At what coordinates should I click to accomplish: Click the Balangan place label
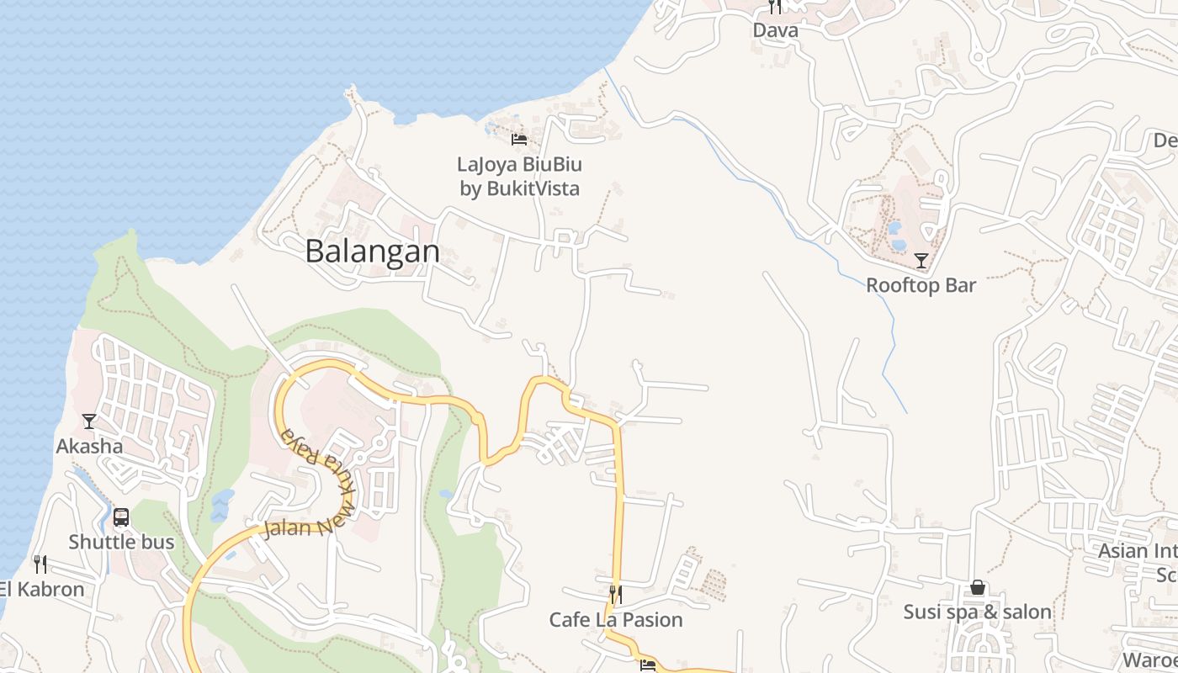click(x=372, y=252)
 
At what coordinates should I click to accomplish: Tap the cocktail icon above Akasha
click(x=89, y=421)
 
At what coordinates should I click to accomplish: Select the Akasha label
click(x=89, y=446)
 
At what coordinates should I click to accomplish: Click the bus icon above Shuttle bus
click(x=121, y=517)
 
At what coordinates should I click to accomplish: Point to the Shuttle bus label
click(x=121, y=542)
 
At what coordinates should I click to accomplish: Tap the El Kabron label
click(x=42, y=589)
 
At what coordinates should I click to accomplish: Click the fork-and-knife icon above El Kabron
click(x=40, y=564)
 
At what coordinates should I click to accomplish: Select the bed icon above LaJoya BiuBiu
click(x=519, y=139)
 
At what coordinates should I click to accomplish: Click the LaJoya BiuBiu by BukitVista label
click(x=520, y=176)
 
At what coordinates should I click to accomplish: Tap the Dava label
click(x=775, y=30)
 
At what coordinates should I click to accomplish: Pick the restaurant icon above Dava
click(x=775, y=7)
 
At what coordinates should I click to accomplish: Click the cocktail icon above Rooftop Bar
click(x=921, y=260)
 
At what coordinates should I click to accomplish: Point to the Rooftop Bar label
click(x=921, y=285)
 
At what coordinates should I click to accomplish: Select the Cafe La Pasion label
click(x=616, y=620)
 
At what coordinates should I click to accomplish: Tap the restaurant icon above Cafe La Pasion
click(x=616, y=595)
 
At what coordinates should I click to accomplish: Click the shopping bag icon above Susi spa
click(x=978, y=587)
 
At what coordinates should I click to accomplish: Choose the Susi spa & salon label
click(x=978, y=612)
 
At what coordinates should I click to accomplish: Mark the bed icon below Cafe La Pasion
click(x=647, y=665)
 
